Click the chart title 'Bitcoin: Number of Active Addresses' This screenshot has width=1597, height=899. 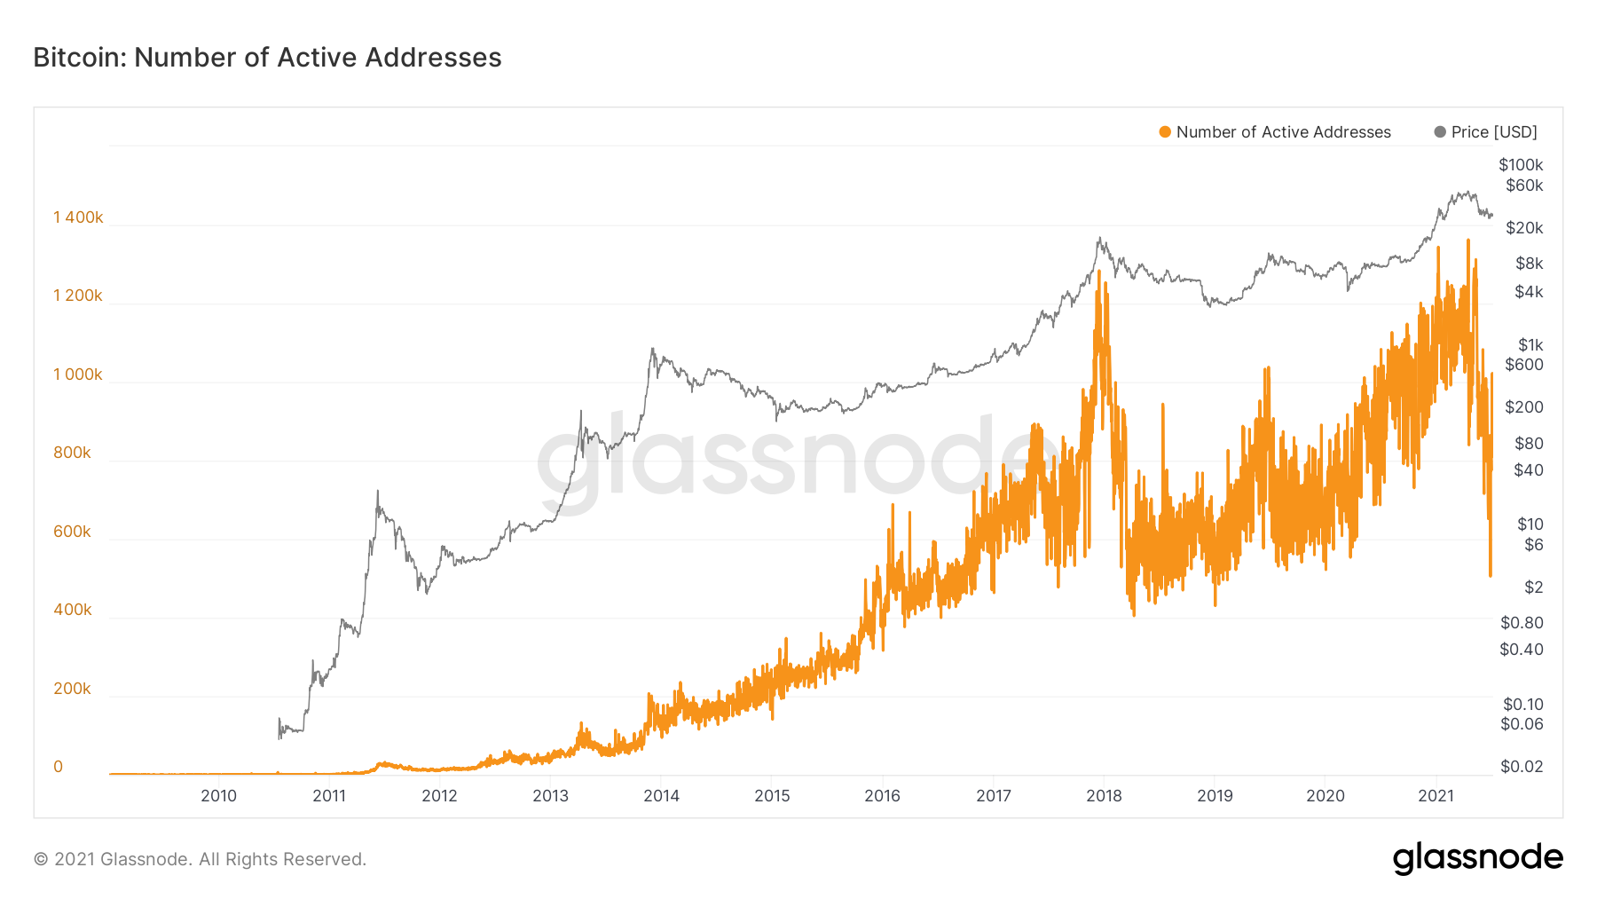pyautogui.click(x=267, y=58)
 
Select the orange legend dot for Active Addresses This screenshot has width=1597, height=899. pyautogui.click(x=1165, y=132)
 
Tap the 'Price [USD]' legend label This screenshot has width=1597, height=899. pyautogui.click(x=1494, y=132)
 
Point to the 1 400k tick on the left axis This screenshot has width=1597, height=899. pyautogui.click(x=78, y=217)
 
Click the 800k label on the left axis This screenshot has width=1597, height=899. pyautogui.click(x=72, y=453)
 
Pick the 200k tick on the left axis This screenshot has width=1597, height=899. pyautogui.click(x=72, y=689)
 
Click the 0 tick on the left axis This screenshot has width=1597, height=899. pyautogui.click(x=59, y=767)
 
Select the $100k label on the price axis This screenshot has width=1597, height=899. pyautogui.click(x=1521, y=165)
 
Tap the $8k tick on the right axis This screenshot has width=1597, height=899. pyautogui.click(x=1530, y=264)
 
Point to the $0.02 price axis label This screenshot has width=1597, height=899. pyautogui.click(x=1522, y=767)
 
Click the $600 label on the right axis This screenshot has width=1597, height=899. pyautogui.click(x=1524, y=365)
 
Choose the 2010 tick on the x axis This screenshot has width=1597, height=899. pyautogui.click(x=218, y=796)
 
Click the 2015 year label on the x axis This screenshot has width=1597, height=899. pyautogui.click(x=772, y=796)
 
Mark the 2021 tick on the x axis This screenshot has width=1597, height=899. pyautogui.click(x=1436, y=796)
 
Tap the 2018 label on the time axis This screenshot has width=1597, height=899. pyautogui.click(x=1104, y=796)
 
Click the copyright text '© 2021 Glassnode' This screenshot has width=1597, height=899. pyautogui.click(x=200, y=859)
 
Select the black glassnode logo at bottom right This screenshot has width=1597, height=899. pyautogui.click(x=1477, y=858)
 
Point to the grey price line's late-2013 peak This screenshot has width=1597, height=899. pyautogui.click(x=652, y=349)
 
